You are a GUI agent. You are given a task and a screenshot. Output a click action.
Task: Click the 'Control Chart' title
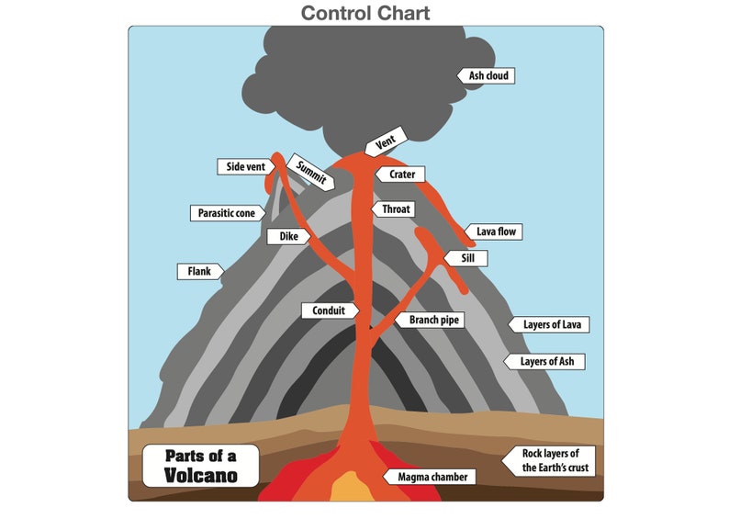click(x=365, y=13)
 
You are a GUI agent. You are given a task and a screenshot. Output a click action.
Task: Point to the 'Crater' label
click(x=400, y=174)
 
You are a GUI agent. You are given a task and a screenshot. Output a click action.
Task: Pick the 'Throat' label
click(x=396, y=209)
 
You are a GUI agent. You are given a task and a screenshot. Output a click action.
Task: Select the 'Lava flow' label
click(x=497, y=232)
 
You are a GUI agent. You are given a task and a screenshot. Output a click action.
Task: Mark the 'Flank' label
click(x=199, y=271)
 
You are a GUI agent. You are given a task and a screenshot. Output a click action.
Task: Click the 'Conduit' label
click(x=328, y=310)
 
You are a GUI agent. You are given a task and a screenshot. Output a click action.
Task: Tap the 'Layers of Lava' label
click(x=553, y=324)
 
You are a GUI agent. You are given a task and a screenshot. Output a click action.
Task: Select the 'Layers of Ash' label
click(x=549, y=361)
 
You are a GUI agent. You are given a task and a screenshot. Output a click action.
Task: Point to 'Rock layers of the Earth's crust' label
click(x=554, y=460)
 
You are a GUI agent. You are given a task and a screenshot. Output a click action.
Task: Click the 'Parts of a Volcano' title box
click(x=200, y=466)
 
